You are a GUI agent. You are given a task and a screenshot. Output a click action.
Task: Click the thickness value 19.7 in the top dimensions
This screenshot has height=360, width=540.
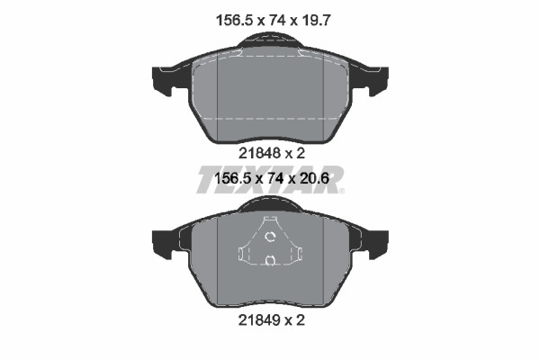[x=317, y=21]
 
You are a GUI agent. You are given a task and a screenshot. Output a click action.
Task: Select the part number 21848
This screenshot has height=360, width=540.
[x=260, y=153]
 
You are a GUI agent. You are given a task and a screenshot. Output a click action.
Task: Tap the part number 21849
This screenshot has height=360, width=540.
[x=260, y=320]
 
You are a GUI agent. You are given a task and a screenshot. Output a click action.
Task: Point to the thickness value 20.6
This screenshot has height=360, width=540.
[x=315, y=178]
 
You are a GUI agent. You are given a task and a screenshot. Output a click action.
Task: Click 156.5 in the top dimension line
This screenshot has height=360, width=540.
[x=235, y=21]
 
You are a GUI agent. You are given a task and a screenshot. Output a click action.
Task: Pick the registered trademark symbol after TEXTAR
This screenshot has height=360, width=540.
[x=342, y=191]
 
